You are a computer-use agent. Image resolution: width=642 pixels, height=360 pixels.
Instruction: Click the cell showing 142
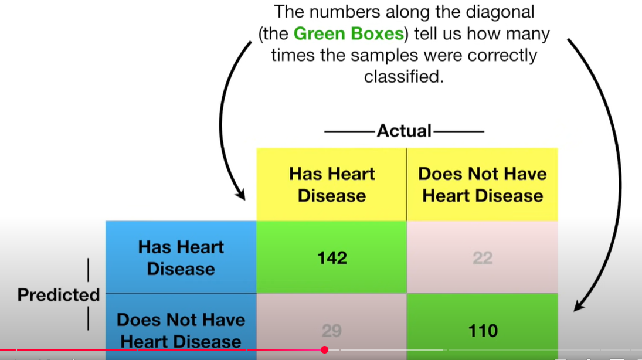tap(332, 257)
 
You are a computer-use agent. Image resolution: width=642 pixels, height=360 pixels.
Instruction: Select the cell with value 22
tap(483, 257)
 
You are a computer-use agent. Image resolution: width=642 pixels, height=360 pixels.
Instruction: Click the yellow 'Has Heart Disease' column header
tap(332, 184)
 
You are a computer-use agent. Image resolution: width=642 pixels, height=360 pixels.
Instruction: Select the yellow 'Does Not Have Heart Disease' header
tap(482, 184)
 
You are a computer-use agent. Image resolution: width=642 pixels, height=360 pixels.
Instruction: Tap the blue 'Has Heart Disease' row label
tap(181, 257)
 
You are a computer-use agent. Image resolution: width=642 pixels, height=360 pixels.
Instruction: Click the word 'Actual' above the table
tap(404, 131)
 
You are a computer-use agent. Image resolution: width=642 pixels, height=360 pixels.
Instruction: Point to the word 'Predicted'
tap(59, 294)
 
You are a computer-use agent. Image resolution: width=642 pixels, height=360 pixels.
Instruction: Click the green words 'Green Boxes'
tap(348, 33)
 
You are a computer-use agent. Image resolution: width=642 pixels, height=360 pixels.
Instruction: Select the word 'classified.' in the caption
tap(403, 77)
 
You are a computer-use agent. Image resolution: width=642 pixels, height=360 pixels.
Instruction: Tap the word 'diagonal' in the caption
tap(501, 11)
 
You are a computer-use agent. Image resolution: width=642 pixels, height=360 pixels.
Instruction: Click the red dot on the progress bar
tap(324, 350)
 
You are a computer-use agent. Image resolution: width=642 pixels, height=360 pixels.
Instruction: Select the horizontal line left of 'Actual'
tap(350, 131)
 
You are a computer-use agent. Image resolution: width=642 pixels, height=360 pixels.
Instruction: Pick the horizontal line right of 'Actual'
tap(458, 131)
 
